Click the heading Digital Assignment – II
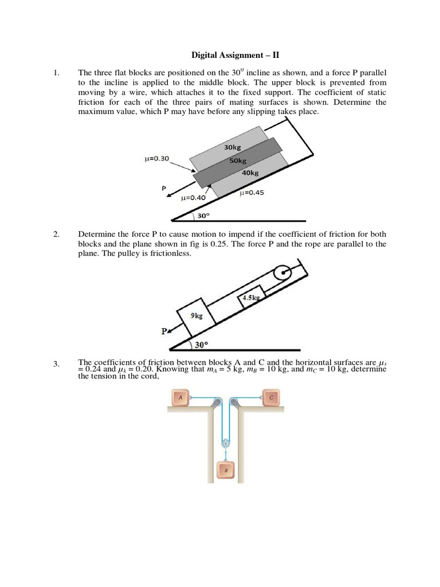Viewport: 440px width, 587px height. tap(234, 56)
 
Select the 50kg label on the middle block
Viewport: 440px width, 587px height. tap(238, 161)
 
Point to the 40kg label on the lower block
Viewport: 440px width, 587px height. tap(250, 173)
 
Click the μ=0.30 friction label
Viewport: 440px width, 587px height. tap(157, 159)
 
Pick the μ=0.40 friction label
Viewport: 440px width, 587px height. tap(193, 198)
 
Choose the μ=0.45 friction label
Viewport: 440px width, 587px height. tap(252, 193)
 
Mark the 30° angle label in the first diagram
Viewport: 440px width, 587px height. tap(203, 216)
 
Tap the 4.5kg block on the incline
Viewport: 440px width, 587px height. tap(251, 298)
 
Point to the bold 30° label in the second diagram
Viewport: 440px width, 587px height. tap(201, 345)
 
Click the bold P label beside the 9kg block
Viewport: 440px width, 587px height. tap(164, 331)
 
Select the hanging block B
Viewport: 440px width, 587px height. tap(226, 471)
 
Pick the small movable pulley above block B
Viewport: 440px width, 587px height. tap(226, 443)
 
